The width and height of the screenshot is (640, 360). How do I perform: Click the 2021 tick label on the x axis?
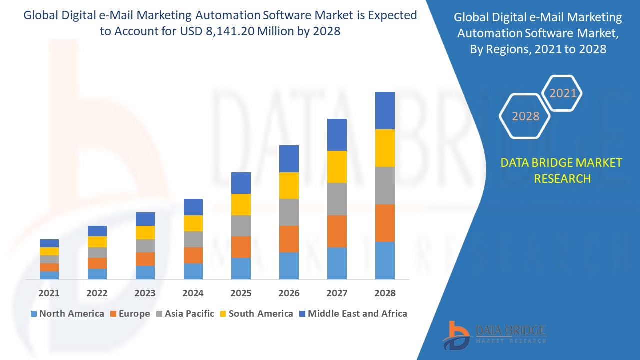tap(49, 293)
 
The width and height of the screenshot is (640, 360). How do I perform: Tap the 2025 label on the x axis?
tap(241, 293)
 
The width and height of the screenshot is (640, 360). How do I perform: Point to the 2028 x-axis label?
tap(385, 293)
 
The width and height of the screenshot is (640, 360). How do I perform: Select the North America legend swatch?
tap(34, 314)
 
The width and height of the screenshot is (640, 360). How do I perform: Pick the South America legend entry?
tap(255, 314)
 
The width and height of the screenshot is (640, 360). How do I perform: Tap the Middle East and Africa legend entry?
tap(352, 314)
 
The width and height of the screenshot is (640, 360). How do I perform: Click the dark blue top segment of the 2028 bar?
tap(385, 110)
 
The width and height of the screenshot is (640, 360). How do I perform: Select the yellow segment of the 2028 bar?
tap(385, 148)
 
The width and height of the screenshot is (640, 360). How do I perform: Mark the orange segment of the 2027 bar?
tap(337, 231)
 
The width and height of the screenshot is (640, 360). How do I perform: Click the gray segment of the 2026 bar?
tap(289, 212)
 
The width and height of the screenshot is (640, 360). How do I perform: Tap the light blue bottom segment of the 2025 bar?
tap(241, 268)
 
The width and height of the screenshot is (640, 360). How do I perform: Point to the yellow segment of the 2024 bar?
tap(193, 223)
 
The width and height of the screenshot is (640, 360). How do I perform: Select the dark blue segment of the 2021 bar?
tap(49, 243)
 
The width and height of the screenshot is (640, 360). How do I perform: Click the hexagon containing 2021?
tap(563, 93)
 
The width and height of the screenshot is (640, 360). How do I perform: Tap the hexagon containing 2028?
tap(525, 116)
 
